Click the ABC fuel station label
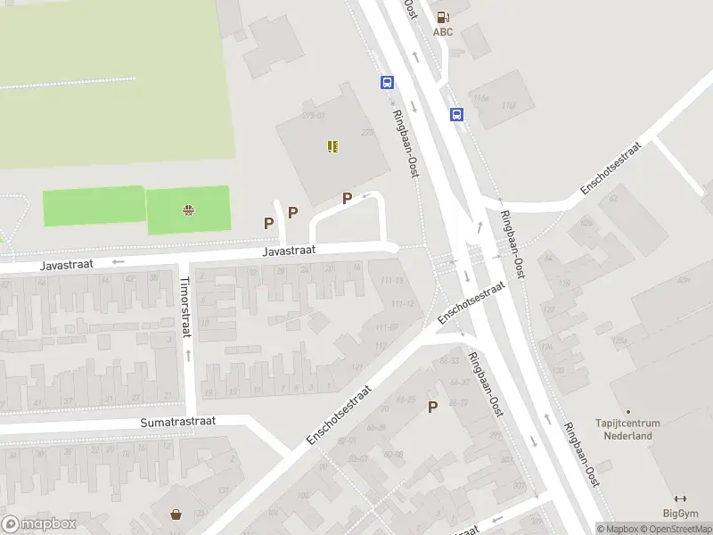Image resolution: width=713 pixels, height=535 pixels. [x=443, y=32]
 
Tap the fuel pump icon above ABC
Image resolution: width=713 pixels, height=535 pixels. [x=443, y=16]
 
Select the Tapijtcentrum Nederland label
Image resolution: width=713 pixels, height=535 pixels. [x=628, y=430]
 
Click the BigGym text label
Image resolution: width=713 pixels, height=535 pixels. [x=681, y=513]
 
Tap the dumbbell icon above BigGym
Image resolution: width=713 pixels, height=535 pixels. [x=681, y=498]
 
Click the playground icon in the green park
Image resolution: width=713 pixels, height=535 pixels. [x=189, y=210]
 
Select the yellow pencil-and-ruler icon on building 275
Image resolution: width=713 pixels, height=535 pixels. [x=332, y=146]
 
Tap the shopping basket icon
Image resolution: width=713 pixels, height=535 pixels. [x=176, y=514]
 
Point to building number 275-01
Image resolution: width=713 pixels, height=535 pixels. [x=314, y=116]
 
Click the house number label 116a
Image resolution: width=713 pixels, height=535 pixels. [x=482, y=98]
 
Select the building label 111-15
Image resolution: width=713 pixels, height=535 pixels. [x=391, y=281]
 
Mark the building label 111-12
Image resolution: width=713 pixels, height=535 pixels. [x=403, y=303]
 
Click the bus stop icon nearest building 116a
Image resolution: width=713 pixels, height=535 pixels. [x=456, y=114]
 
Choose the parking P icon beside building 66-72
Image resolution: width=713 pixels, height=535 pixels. [x=433, y=407]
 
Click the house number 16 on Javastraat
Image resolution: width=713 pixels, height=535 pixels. [x=357, y=267]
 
